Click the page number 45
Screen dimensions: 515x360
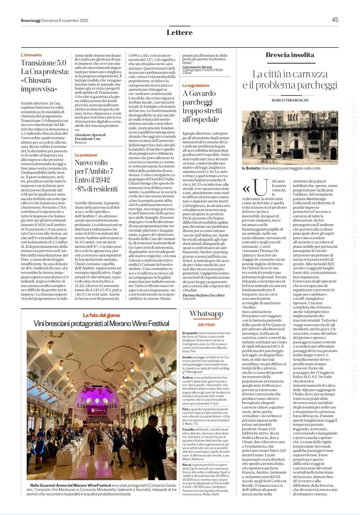point(335,20)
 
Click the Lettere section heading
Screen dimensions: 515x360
point(180,33)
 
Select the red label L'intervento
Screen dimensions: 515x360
point(31,55)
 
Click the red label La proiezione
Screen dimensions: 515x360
point(86,155)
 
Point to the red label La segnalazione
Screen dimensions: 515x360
point(196,86)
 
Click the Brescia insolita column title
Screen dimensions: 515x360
point(290,55)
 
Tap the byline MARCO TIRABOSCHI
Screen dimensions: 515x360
point(290,100)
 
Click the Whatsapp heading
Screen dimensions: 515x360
point(206,314)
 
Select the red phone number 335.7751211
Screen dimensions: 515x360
point(206,325)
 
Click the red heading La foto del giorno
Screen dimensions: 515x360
point(101,315)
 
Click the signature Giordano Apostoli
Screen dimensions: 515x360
point(90,135)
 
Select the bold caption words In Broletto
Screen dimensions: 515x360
point(251,168)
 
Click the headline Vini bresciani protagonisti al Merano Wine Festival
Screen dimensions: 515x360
point(101,324)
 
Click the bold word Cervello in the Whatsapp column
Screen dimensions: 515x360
point(188,430)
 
